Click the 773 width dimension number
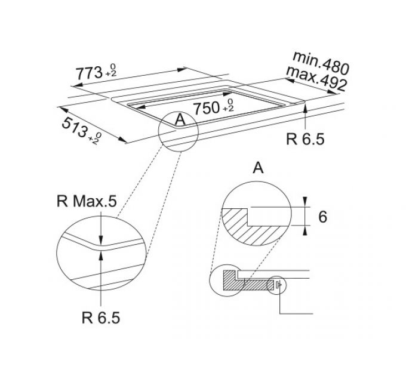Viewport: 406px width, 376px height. (89, 73)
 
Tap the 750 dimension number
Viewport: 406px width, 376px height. (207, 108)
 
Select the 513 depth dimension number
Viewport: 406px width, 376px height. (75, 127)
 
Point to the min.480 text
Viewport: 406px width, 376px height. (321, 63)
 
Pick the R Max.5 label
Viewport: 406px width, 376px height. (87, 201)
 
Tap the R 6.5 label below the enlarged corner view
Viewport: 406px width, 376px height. (101, 318)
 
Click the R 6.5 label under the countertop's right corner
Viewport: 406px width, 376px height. (305, 139)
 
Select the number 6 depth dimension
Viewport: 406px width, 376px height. (322, 217)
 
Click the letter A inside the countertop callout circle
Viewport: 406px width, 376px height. (180, 119)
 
